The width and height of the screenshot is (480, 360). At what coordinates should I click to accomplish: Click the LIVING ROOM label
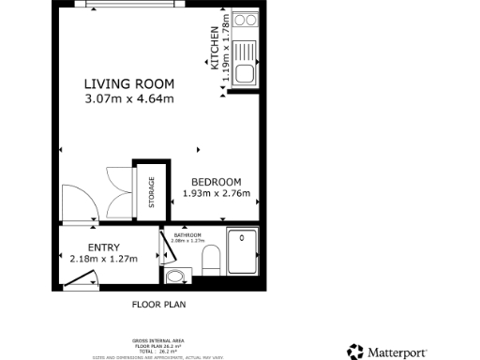coord(128,83)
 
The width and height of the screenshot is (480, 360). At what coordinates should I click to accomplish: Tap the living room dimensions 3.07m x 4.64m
coord(128,98)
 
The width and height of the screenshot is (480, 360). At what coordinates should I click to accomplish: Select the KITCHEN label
coord(215,49)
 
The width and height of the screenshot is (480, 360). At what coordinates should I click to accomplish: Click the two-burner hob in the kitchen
coord(246,19)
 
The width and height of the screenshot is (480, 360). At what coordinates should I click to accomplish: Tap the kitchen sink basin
coord(246,74)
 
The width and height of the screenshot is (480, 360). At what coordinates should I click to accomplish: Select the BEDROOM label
coord(217,182)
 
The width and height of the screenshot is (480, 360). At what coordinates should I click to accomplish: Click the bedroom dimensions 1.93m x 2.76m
coord(217,195)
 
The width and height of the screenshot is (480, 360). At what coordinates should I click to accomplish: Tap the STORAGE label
coord(150,192)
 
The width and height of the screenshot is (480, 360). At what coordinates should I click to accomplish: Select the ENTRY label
coord(103,247)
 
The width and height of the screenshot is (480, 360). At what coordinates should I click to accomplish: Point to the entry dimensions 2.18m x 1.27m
coord(103,260)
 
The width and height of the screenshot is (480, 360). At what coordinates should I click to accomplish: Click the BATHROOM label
coord(187,235)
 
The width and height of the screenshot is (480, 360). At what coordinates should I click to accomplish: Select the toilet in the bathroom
coord(211,261)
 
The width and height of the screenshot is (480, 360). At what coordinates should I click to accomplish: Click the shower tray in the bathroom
coord(243,252)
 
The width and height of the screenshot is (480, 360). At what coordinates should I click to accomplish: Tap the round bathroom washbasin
coord(175,276)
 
